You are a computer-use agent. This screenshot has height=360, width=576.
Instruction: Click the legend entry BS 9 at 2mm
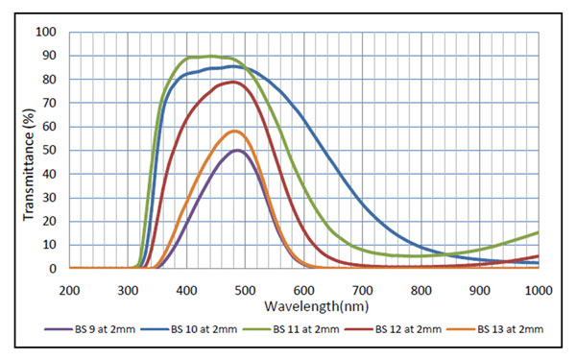point(90,329)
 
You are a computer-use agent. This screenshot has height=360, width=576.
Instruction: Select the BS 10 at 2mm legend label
point(189,329)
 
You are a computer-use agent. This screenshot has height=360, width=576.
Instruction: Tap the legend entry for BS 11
point(291,329)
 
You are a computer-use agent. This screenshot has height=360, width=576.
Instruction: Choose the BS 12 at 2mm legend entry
point(393,329)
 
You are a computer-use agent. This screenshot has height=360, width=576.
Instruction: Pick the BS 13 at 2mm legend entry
point(495,329)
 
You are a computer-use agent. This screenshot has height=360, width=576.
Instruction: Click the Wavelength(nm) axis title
point(316,306)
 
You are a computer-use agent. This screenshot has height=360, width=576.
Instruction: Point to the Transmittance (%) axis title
point(29,164)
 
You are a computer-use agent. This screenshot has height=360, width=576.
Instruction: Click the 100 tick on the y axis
point(46,32)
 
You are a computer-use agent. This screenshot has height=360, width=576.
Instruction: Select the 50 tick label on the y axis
point(50,151)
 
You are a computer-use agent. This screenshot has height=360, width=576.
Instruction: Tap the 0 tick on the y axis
point(53,269)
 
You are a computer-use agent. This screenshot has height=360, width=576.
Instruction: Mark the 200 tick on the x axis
point(69,291)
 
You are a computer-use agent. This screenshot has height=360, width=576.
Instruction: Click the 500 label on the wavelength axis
point(246,291)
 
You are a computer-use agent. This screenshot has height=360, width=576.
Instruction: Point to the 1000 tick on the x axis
point(539,291)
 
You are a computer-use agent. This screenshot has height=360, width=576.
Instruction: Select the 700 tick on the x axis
point(363,291)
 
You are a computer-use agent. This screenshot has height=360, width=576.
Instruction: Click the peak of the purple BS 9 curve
point(238,150)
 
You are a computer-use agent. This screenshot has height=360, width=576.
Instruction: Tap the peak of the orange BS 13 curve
point(235,131)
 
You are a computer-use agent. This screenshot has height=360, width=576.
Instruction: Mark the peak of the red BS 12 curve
point(233,82)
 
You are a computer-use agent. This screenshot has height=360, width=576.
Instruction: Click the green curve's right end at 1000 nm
point(539,232)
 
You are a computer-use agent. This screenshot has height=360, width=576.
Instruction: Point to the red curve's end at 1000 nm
point(539,256)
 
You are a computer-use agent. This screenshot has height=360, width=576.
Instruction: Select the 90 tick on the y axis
point(50,56)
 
